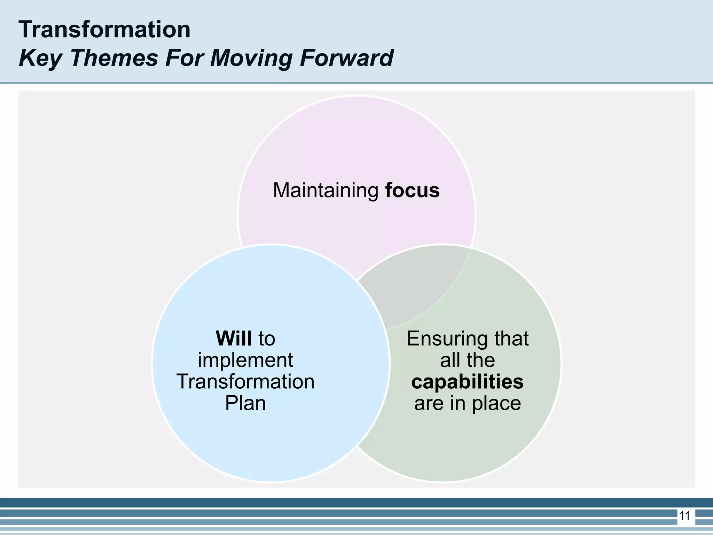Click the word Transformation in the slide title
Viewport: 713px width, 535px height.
[104, 30]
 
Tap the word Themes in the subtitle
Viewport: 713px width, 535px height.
[114, 58]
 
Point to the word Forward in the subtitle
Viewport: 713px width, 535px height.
[346, 58]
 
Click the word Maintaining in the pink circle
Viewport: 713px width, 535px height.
[326, 191]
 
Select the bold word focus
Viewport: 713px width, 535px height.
[412, 191]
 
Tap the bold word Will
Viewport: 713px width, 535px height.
[234, 338]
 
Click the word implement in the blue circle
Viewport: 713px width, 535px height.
[245, 360]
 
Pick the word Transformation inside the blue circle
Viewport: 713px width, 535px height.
[245, 381]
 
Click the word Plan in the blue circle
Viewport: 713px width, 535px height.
[245, 403]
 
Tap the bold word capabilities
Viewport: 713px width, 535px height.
[467, 381]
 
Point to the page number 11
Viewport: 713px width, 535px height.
[684, 515]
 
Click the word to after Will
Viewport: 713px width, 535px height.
[266, 338]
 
